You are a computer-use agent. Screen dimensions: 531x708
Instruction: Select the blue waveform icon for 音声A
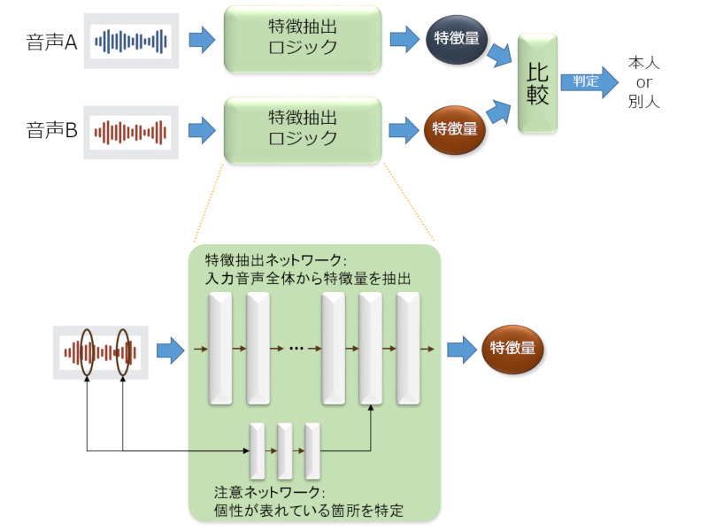132,41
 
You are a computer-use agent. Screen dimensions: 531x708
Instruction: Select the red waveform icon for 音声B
132,132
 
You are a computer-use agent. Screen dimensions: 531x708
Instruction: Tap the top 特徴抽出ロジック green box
303,38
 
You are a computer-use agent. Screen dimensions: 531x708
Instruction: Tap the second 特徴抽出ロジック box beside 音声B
303,129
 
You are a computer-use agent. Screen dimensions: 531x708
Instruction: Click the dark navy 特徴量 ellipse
454,38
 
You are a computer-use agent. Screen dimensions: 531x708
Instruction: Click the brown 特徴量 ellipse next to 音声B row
454,129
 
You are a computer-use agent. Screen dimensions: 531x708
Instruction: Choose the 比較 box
537,84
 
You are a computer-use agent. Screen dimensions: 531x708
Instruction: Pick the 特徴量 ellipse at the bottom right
512,349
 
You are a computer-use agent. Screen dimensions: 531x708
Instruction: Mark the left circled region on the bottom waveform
87,351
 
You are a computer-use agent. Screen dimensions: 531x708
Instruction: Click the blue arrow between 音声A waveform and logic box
202,40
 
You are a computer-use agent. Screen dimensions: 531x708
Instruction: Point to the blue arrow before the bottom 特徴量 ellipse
460,350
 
